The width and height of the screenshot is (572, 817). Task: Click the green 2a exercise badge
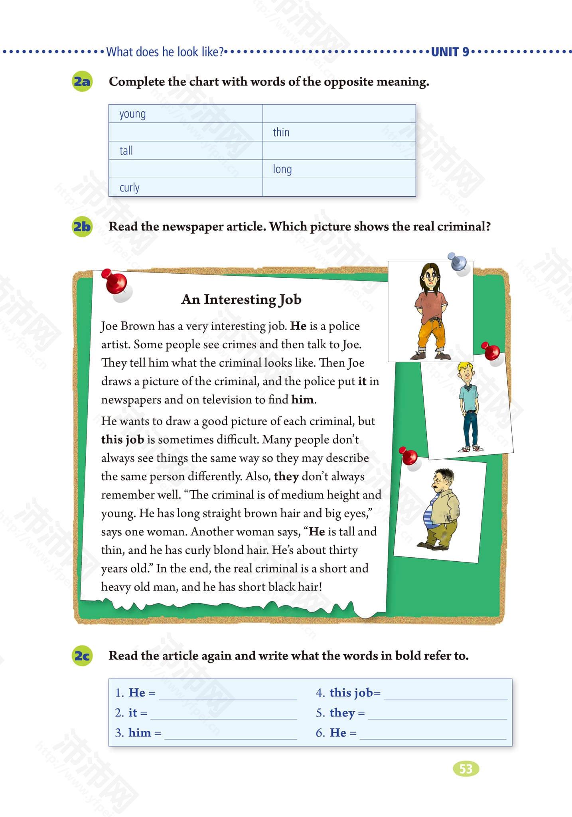(x=82, y=82)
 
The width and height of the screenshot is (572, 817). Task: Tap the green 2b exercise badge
(x=82, y=227)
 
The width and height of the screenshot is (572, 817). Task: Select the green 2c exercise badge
(x=82, y=655)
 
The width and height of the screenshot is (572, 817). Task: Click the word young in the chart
(x=132, y=114)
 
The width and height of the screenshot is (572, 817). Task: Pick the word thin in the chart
(x=281, y=132)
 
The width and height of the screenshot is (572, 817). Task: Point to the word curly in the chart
(x=130, y=187)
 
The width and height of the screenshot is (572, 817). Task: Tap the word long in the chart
(x=282, y=169)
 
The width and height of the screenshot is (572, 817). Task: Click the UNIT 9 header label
(x=450, y=52)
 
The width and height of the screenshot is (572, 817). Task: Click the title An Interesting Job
(x=241, y=299)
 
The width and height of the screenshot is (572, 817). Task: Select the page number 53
(x=466, y=769)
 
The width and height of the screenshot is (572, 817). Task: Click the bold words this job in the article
(x=122, y=440)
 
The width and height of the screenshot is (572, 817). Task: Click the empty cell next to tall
(x=339, y=151)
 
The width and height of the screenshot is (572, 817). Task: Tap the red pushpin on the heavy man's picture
(x=409, y=456)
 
